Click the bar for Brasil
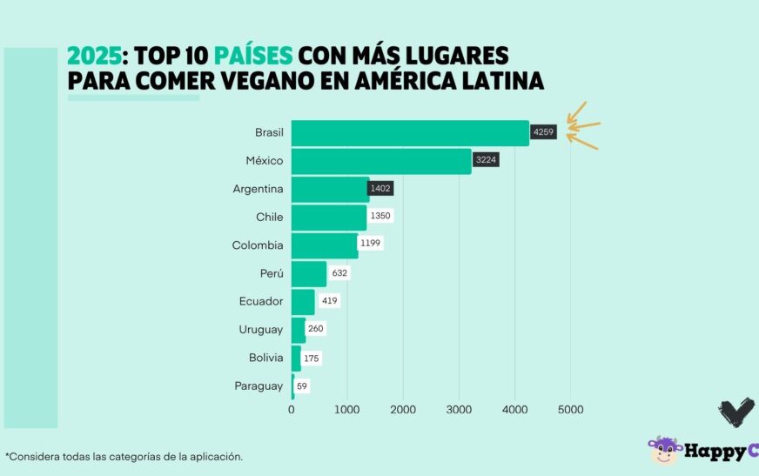pyautogui.click(x=410, y=133)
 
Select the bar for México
pyautogui.click(x=381, y=161)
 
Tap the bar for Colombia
pyautogui.click(x=325, y=245)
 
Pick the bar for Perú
pyautogui.click(x=309, y=273)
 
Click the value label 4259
pyautogui.click(x=543, y=132)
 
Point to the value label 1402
pyautogui.click(x=381, y=189)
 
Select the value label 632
pyautogui.click(x=339, y=273)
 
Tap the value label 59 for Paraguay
pyautogui.click(x=302, y=385)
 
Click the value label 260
pyautogui.click(x=316, y=329)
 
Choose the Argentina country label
pyautogui.click(x=259, y=189)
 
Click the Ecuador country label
pyautogui.click(x=261, y=301)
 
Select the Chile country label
pyautogui.click(x=270, y=217)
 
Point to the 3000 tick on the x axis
pyautogui.click(x=459, y=409)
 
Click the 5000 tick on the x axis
pyautogui.click(x=570, y=409)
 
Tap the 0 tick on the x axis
pyautogui.click(x=292, y=409)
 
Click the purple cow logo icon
pyautogui.click(x=664, y=450)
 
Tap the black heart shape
pyautogui.click(x=735, y=412)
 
